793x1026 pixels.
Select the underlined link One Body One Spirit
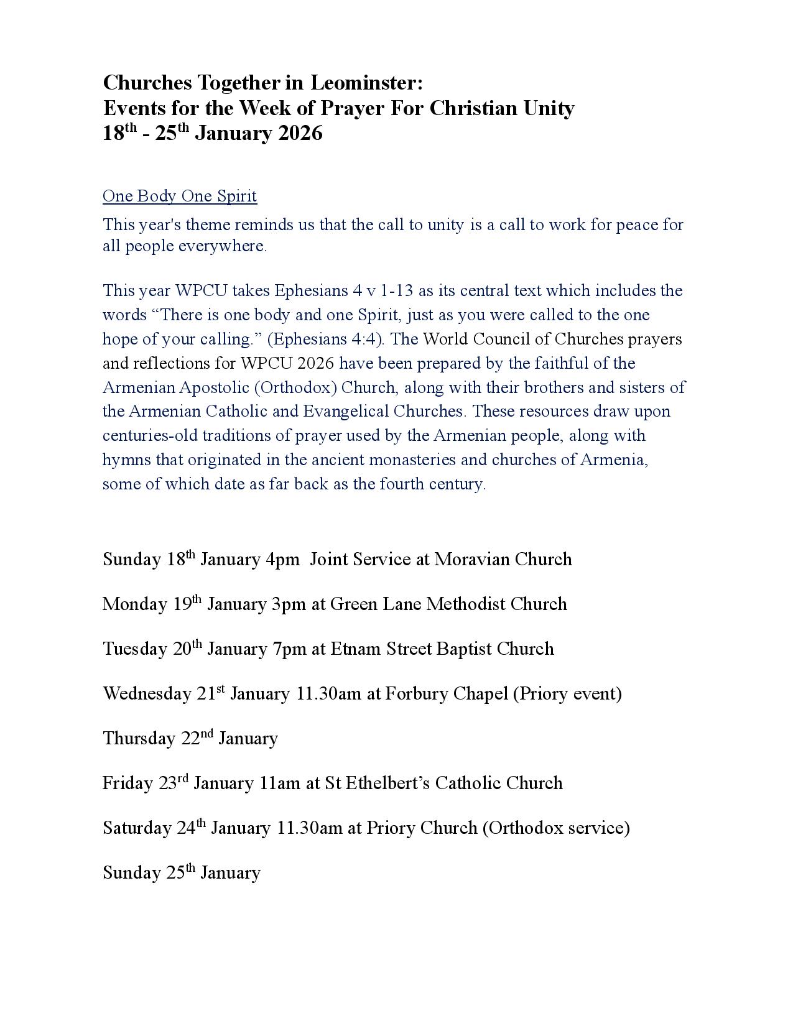pos(180,196)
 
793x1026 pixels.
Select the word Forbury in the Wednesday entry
pos(415,693)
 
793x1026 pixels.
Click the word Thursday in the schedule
pos(139,739)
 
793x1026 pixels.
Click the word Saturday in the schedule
pos(137,828)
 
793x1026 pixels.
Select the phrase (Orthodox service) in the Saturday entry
pos(556,828)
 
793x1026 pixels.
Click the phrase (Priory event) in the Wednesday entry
pos(567,693)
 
